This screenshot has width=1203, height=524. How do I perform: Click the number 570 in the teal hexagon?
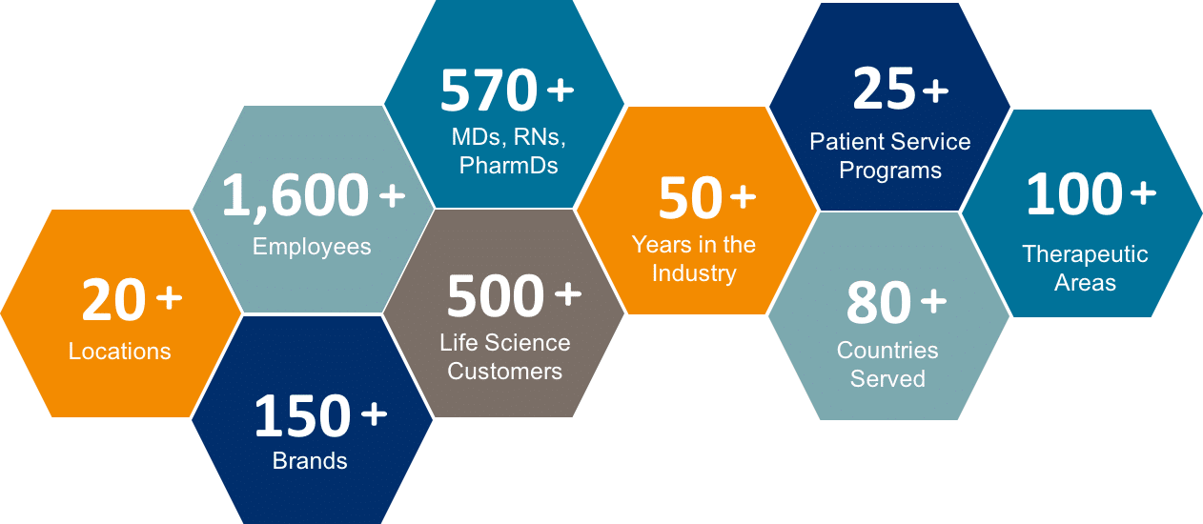tap(489, 90)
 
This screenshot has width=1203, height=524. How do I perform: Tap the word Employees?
tap(312, 247)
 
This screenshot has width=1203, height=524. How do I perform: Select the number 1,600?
tap(296, 196)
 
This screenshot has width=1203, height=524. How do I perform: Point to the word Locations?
tap(119, 352)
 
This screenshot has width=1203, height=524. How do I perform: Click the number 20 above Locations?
tap(113, 299)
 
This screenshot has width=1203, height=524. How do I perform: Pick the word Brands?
tap(310, 461)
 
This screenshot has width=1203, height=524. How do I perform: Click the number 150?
tap(303, 415)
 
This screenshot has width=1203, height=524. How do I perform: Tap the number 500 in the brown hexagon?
tap(496, 295)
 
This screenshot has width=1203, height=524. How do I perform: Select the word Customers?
tap(505, 371)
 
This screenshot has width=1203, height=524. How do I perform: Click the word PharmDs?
tap(509, 166)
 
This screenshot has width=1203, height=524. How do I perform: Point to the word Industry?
tap(694, 273)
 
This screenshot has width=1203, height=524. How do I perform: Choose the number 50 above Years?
tap(691, 197)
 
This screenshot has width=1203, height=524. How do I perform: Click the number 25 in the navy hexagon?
tap(884, 89)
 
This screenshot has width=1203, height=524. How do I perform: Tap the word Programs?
tap(890, 171)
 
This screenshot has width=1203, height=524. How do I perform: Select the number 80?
tap(879, 303)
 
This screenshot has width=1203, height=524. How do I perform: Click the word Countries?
tap(887, 350)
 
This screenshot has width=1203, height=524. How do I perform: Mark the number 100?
tap(1074, 193)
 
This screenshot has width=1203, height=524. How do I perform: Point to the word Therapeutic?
tap(1085, 254)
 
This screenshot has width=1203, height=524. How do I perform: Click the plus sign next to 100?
tap(1143, 192)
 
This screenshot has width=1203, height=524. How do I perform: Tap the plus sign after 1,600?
tap(393, 195)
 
